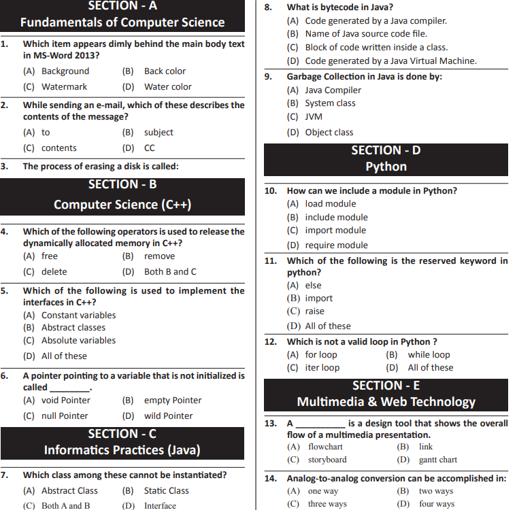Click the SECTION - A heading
tap(122, 6)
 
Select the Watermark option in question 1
tap(64, 86)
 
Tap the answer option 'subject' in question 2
tap(158, 132)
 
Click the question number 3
tap(5, 166)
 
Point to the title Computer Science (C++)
tap(122, 204)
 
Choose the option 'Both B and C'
tap(170, 271)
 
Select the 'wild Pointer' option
tap(168, 415)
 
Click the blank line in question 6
tap(70, 388)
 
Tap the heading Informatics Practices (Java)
tap(122, 449)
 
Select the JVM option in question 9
tap(314, 116)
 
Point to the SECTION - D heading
tap(386, 150)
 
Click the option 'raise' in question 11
tap(314, 311)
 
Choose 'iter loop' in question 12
tap(322, 367)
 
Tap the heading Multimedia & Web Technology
tap(386, 401)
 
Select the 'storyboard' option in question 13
tap(327, 460)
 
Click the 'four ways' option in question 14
tap(436, 504)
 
